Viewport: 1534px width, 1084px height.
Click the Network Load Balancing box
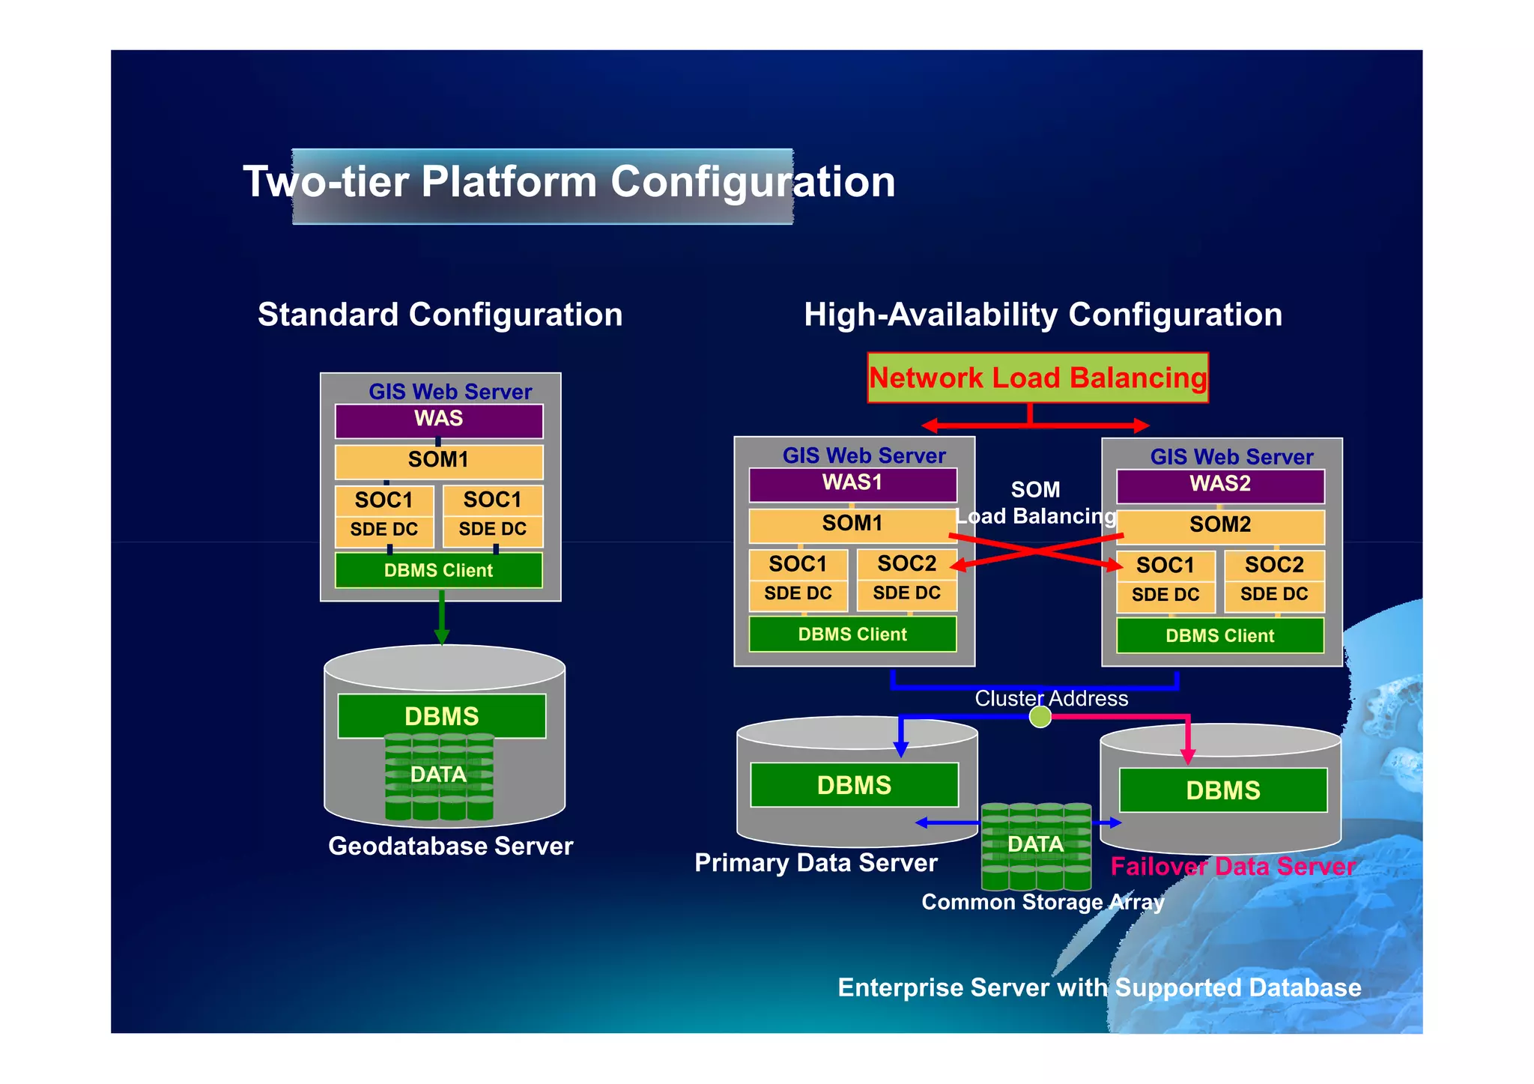pos(1037,378)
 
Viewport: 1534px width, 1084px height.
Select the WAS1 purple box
pos(852,484)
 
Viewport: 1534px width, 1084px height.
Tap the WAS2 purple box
pos(1220,485)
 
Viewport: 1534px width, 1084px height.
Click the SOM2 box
pos(1220,525)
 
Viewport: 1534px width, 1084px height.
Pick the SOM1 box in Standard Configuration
pos(438,461)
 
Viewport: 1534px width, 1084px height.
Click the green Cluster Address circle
pos(1040,717)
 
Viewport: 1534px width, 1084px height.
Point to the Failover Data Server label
pos(1233,867)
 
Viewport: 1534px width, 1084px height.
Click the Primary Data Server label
pos(816,863)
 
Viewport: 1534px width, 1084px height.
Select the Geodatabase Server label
pos(450,847)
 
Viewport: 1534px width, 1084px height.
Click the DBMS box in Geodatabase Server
pos(441,716)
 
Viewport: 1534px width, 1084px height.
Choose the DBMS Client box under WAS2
pos(1219,636)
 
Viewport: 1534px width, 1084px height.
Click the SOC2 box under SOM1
pos(906,564)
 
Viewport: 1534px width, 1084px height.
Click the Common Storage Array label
pos(1043,902)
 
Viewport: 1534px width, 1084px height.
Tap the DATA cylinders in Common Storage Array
pos(1036,845)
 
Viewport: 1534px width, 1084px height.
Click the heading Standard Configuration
pos(440,315)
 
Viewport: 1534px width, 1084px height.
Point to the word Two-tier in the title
pos(325,182)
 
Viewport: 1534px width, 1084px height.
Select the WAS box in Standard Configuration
pos(438,420)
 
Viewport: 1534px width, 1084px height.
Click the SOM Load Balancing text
pos(1036,503)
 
